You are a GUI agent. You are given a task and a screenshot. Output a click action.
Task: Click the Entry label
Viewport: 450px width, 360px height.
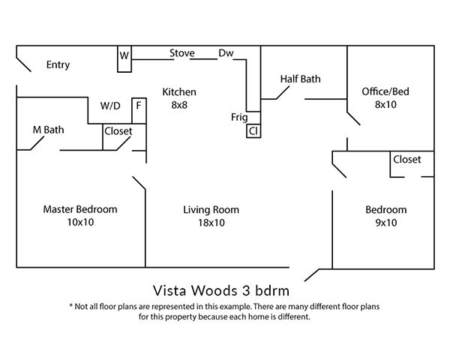click(x=58, y=65)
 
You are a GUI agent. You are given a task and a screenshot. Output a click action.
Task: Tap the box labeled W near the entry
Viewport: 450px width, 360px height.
click(x=124, y=58)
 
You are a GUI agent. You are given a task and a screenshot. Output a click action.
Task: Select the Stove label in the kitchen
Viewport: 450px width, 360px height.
click(x=182, y=53)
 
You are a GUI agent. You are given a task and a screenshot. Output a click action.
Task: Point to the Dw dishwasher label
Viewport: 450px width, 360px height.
click(x=226, y=53)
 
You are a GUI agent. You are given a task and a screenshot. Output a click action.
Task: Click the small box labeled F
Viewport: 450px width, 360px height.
click(x=139, y=111)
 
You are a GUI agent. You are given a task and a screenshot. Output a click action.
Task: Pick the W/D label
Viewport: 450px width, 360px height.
click(x=110, y=106)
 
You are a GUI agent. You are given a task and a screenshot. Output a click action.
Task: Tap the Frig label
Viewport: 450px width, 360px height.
click(x=239, y=118)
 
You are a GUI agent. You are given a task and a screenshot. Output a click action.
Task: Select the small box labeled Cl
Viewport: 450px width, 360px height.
click(x=253, y=131)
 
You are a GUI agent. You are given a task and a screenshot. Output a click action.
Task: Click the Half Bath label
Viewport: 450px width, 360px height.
click(x=300, y=79)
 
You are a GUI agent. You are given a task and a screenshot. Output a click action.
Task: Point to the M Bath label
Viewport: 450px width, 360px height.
click(x=48, y=130)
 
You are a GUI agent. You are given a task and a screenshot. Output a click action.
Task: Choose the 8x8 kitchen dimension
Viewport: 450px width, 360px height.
click(x=179, y=105)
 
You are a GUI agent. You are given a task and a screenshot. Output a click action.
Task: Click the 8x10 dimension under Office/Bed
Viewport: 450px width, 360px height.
click(x=385, y=104)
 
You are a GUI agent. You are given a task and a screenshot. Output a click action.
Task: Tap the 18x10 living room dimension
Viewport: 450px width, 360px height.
click(x=211, y=223)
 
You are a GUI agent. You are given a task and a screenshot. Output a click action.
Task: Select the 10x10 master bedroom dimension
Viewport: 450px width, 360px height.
click(x=80, y=222)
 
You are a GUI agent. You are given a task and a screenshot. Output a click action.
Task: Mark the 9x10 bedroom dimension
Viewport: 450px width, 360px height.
click(x=386, y=223)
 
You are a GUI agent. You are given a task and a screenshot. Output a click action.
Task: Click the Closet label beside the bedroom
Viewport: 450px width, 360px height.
click(x=407, y=159)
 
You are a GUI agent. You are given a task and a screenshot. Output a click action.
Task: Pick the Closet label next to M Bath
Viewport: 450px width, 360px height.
click(x=118, y=131)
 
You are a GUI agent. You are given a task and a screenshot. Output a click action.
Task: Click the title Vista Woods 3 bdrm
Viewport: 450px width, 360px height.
click(x=221, y=290)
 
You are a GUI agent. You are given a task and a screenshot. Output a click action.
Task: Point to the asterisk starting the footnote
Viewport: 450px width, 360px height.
click(x=71, y=305)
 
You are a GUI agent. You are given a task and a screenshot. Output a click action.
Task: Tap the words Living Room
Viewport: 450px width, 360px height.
click(x=211, y=210)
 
